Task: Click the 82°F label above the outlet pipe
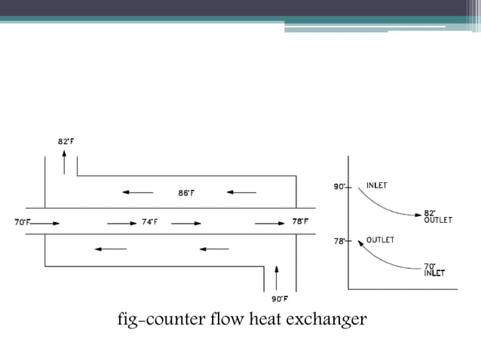point(66,141)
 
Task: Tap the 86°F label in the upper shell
point(186,193)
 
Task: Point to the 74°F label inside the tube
point(150,222)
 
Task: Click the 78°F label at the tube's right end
point(300,222)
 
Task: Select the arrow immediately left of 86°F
point(137,193)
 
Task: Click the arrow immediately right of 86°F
point(241,193)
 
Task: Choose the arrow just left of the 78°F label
point(269,223)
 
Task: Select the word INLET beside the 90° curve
point(378,185)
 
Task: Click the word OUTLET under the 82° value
point(438,221)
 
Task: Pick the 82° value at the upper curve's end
point(430,213)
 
